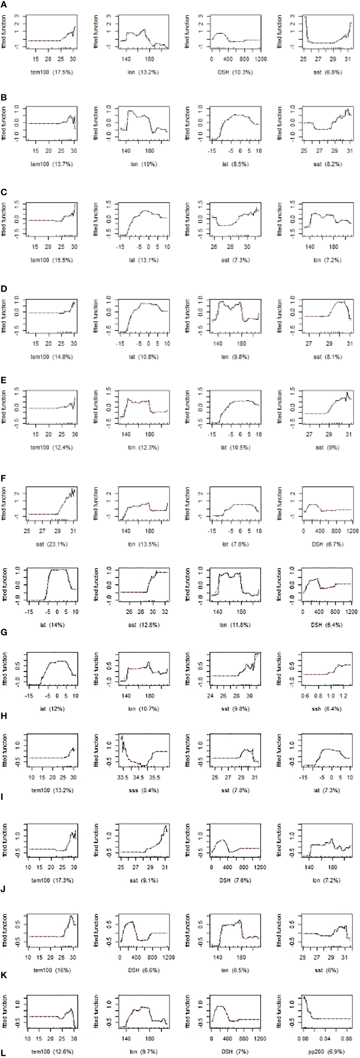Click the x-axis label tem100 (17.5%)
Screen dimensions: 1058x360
53,72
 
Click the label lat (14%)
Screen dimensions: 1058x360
53,625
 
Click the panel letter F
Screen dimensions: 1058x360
3,480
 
